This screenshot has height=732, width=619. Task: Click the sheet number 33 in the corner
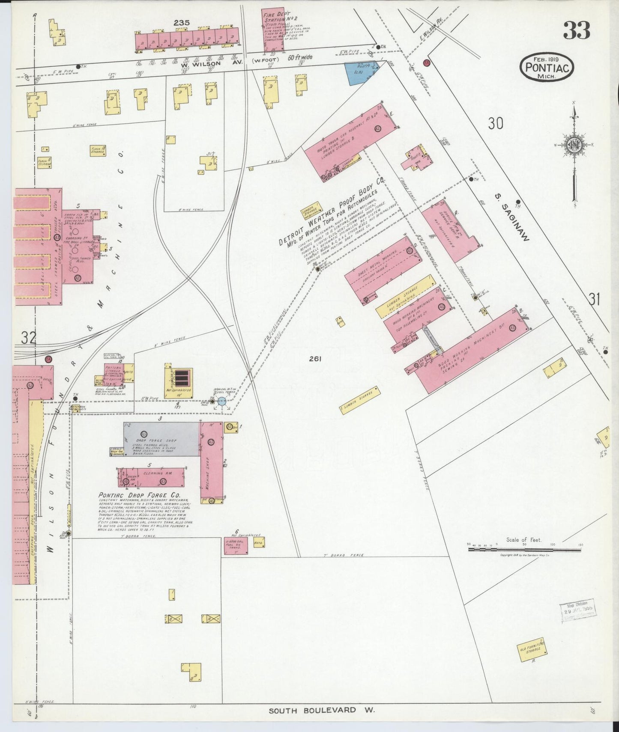coord(576,30)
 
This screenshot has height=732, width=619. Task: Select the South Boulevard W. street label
coord(322,710)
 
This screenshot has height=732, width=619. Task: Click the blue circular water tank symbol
coord(222,401)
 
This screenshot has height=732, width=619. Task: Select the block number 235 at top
coord(182,23)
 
